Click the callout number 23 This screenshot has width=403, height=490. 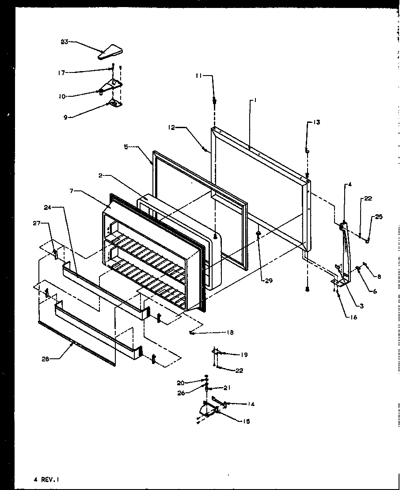65,42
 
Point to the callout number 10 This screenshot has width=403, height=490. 62,96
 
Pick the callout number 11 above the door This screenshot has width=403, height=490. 200,76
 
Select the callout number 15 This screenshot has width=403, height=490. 246,421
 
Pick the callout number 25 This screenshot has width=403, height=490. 379,217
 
